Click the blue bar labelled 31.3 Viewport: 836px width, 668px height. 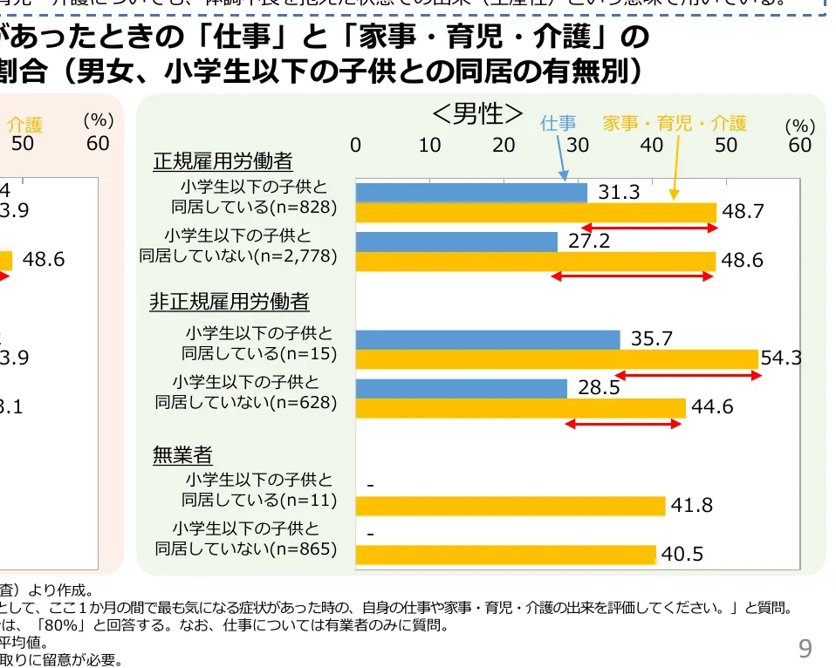(x=471, y=192)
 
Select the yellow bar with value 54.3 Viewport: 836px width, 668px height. (x=557, y=358)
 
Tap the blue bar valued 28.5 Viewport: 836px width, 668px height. (x=462, y=388)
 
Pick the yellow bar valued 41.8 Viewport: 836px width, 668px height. (x=511, y=506)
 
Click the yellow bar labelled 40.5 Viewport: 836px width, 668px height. (x=506, y=555)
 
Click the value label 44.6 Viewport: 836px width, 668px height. (x=712, y=406)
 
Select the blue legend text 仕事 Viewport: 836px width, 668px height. (x=558, y=123)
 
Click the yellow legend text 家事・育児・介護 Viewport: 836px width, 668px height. (x=675, y=123)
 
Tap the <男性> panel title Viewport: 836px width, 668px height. (x=477, y=113)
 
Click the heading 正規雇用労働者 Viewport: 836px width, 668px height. (x=223, y=161)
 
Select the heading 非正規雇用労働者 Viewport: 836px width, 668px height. (x=230, y=302)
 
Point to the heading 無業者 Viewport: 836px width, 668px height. (x=182, y=454)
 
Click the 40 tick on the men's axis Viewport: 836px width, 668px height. (x=652, y=145)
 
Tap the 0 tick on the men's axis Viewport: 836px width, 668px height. (x=356, y=145)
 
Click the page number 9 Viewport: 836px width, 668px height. (x=805, y=648)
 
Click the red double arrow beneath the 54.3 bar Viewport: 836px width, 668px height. (x=689, y=376)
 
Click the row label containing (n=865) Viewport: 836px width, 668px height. (x=246, y=539)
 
